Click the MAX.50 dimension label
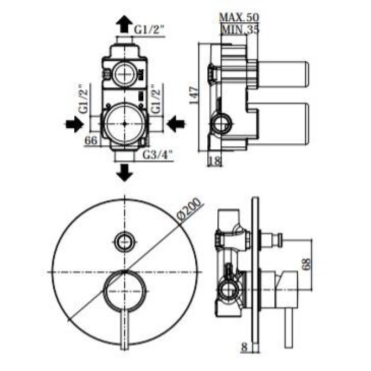coord(239,17)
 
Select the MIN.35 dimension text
coord(240,29)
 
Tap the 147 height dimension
coord(194,96)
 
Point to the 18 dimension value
coord(215,161)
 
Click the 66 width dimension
coord(91,141)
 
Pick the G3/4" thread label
coord(158,155)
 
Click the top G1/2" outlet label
coord(149,30)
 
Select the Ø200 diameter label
coord(190,210)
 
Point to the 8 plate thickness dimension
coord(244,347)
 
